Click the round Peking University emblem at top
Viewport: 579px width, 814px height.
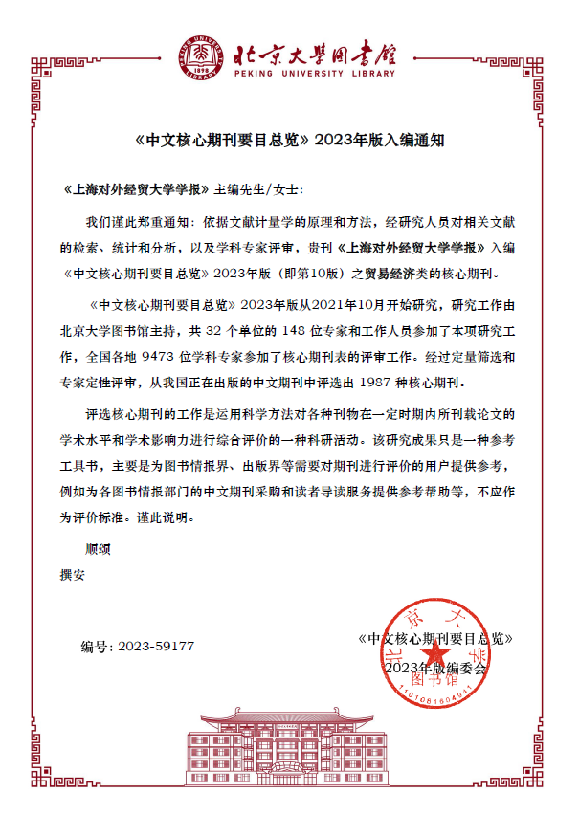pos(199,54)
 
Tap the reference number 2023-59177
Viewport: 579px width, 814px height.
pos(156,647)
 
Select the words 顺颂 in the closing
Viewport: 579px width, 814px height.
pos(99,550)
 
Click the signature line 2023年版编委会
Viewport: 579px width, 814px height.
pos(435,667)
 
